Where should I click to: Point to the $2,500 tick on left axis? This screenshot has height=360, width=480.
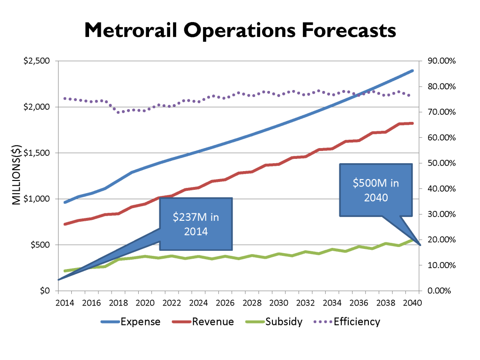tap(36, 61)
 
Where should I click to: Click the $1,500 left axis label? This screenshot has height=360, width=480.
tap(36, 153)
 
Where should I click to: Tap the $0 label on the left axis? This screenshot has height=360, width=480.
tap(45, 291)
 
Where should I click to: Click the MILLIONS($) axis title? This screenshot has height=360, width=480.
tap(15, 176)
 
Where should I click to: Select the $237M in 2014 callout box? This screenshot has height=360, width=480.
tap(195, 224)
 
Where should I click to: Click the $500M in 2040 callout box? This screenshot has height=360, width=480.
tap(376, 190)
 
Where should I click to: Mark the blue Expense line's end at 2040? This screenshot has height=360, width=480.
tap(412, 71)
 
